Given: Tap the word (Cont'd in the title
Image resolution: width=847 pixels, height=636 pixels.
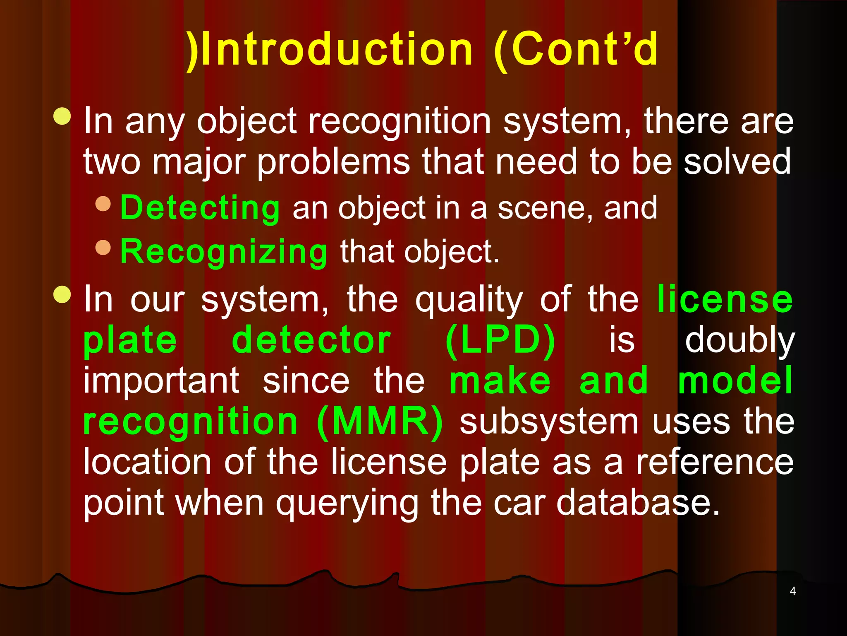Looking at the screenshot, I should (576, 50).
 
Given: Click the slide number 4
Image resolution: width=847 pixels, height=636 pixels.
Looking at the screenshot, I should (792, 591).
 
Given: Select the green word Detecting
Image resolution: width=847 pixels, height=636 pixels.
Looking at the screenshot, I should (200, 208).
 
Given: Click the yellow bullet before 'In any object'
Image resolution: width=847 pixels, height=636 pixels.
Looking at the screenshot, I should (62, 116).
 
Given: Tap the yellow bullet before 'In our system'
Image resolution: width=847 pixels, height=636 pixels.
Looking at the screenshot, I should (62, 294).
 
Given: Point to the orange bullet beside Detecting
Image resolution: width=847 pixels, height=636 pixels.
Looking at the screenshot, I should (103, 204).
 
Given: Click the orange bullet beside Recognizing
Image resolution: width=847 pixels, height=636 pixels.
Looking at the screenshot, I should (103, 248).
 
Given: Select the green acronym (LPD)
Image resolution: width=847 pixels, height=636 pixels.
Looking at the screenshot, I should (500, 341).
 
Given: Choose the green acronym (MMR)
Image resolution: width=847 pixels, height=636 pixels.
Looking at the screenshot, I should (380, 422).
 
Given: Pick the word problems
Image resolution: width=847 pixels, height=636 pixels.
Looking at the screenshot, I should (333, 163).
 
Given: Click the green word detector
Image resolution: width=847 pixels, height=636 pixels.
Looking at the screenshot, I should (311, 341).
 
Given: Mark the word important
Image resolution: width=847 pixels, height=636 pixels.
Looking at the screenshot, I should (161, 381).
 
